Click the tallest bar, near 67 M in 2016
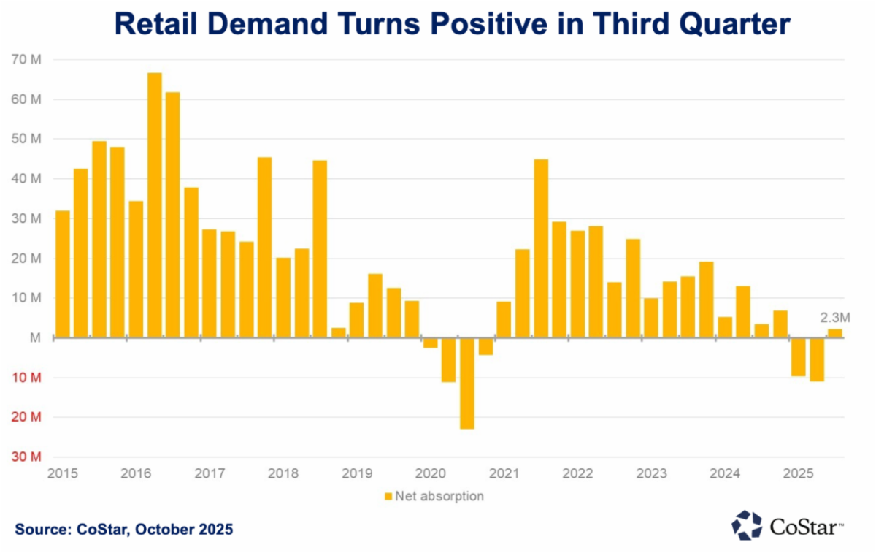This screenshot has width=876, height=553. [x=155, y=205]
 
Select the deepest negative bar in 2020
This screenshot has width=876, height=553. [x=467, y=384]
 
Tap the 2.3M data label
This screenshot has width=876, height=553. [x=835, y=317]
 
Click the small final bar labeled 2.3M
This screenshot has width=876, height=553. [x=834, y=333]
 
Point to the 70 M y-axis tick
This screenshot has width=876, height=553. [x=27, y=60]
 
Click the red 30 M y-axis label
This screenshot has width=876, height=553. [x=27, y=457]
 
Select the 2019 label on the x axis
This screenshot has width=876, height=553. [x=356, y=473]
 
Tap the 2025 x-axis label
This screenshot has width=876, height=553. [x=798, y=473]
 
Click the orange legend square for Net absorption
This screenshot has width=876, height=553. [x=388, y=497]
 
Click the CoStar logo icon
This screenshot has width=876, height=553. [x=746, y=525]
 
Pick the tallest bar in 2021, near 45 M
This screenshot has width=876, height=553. [x=541, y=248]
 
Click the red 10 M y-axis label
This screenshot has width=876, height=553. [x=27, y=378]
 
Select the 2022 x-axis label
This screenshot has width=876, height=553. [x=577, y=473]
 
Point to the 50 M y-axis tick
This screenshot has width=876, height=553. [x=27, y=140]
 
